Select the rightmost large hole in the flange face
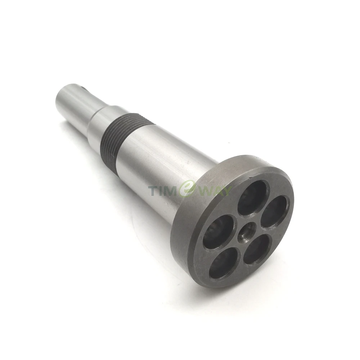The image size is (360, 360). click(274, 211)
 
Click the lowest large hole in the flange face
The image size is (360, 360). click(223, 264)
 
